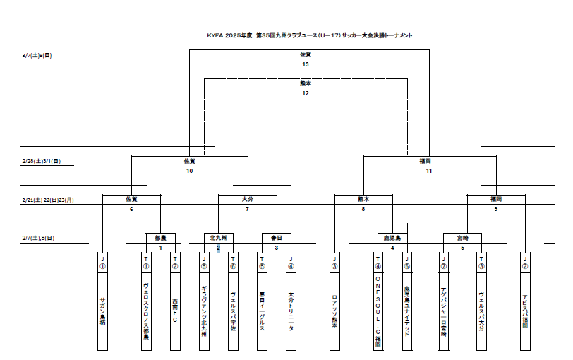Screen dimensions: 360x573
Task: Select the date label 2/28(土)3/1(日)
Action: [x=42, y=161]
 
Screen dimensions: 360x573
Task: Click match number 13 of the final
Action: [x=305, y=64]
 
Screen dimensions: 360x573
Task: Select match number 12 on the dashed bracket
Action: [x=305, y=93]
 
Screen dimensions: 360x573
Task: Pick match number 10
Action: [x=189, y=171]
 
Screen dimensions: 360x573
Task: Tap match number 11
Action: [x=428, y=171]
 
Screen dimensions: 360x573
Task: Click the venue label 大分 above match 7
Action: [x=247, y=200]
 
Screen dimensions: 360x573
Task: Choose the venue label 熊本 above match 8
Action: [x=363, y=200]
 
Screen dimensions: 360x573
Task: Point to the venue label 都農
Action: [x=160, y=238]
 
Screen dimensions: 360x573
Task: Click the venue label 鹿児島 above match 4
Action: [x=392, y=238]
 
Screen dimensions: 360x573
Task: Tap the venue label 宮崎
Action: [x=462, y=238]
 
